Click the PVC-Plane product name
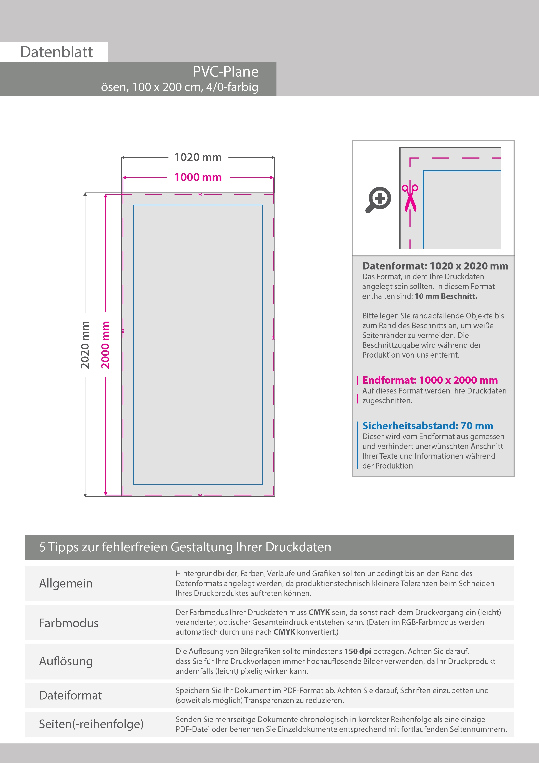tap(226, 72)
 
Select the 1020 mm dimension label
tap(198, 157)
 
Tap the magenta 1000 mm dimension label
tap(198, 177)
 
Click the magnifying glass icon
tap(378, 199)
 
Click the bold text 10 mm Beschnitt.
tap(446, 296)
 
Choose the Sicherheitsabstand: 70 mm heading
tap(428, 426)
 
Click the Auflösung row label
tap(66, 661)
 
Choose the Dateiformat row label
tap(70, 695)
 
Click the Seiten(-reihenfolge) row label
tap(91, 724)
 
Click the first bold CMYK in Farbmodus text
tap(319, 612)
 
